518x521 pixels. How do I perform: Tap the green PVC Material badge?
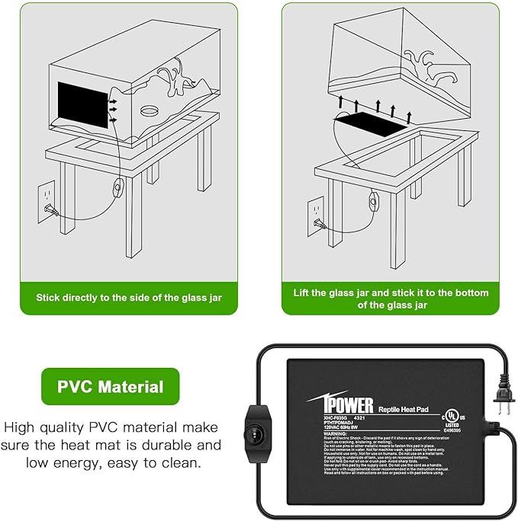pyautogui.click(x=111, y=386)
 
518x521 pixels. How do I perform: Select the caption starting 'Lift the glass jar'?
pyautogui.click(x=391, y=298)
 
